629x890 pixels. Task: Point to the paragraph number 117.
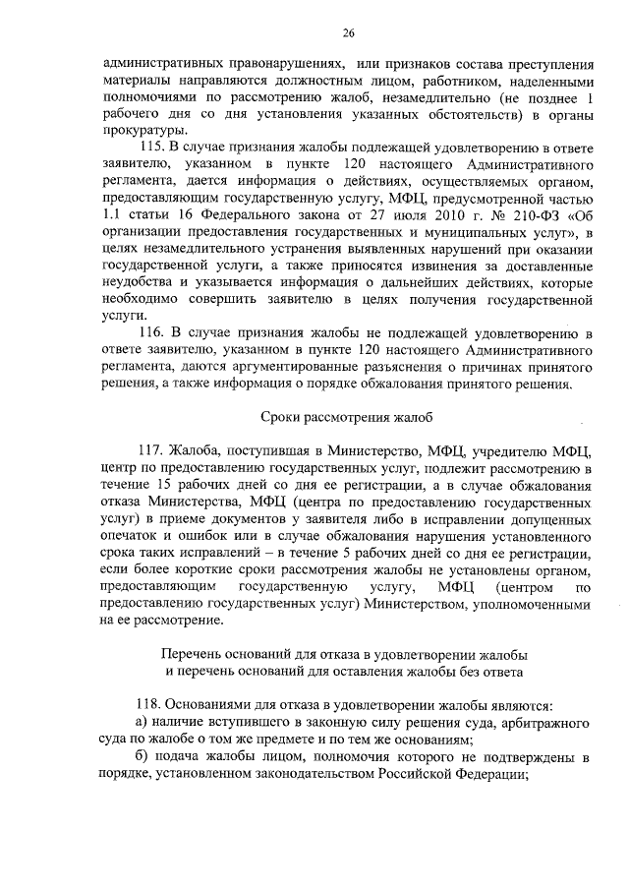pos(159,451)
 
